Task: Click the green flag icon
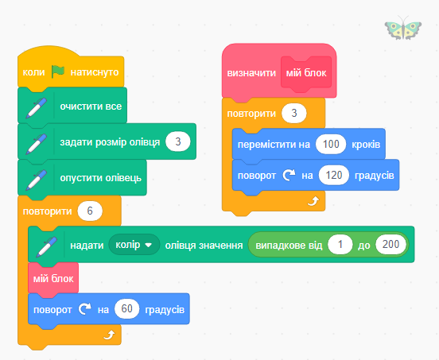coord(58,72)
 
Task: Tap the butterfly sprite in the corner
coord(403,28)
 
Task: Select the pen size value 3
coord(178,141)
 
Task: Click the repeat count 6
coord(90,211)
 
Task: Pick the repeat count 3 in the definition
coord(294,113)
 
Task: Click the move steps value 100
coord(331,144)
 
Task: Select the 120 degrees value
coord(334,175)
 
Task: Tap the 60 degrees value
coord(126,309)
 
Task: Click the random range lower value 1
coord(340,245)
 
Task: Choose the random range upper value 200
coord(390,245)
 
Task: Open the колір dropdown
coord(134,245)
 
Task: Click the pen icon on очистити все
coord(37,108)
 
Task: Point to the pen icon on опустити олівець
coord(37,180)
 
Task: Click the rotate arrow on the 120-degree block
coord(289,175)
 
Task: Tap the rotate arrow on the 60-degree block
coord(85,309)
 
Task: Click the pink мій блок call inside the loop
coord(53,279)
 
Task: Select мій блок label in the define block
coord(306,73)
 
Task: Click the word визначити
coord(251,73)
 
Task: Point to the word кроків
coord(366,145)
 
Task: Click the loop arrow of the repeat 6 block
coord(109,335)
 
